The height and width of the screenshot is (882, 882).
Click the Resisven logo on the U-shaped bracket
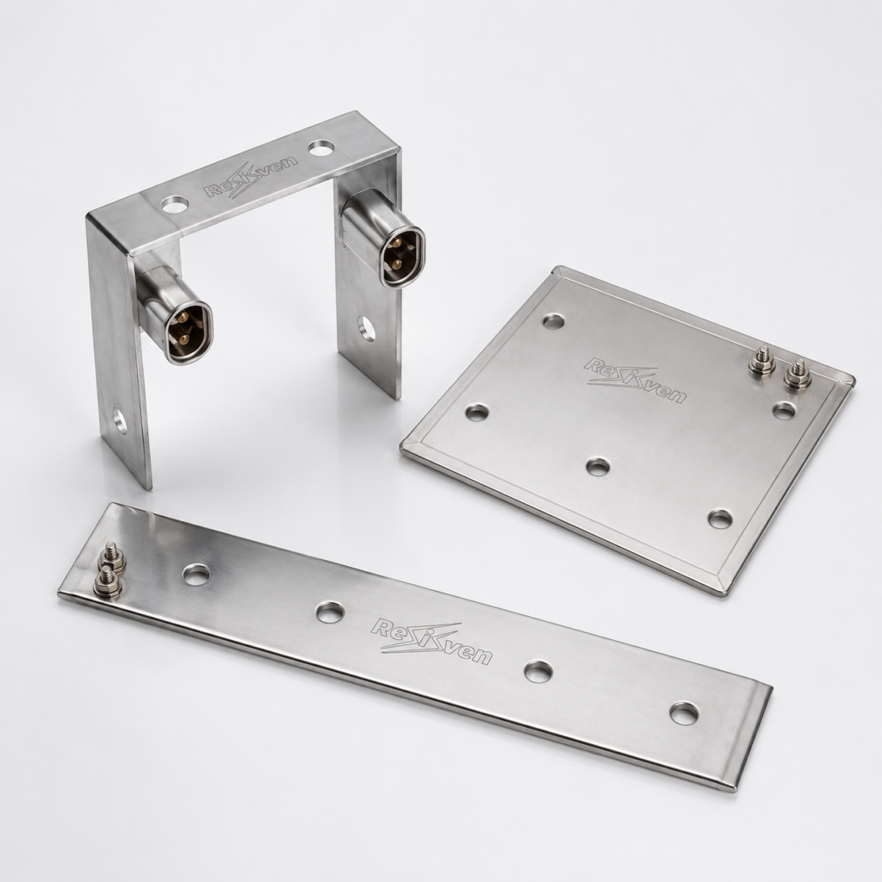pyautogui.click(x=252, y=179)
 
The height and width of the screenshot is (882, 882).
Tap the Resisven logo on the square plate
pyautogui.click(x=635, y=380)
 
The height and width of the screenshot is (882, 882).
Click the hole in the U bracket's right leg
pyautogui.click(x=367, y=328)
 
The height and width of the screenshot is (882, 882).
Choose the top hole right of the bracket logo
pyautogui.click(x=321, y=149)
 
